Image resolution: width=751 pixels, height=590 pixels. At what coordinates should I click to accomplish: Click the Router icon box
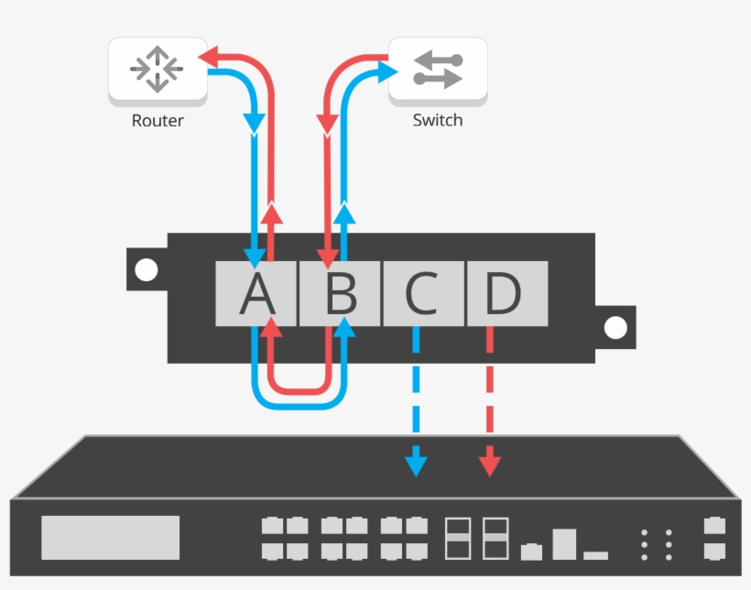[x=158, y=69]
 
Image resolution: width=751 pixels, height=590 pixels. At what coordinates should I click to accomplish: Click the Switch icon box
[x=438, y=70]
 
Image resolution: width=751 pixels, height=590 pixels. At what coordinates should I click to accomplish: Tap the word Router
[x=158, y=120]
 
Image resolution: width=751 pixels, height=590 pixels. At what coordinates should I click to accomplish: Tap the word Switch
[x=438, y=120]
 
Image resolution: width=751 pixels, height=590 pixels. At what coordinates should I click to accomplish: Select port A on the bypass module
[x=256, y=293]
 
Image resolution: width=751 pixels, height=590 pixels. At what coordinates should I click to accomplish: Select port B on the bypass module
[x=340, y=293]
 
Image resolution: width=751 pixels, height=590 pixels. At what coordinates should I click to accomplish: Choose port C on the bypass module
[x=423, y=293]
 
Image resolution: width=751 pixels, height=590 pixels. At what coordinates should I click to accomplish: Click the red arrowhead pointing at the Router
[x=207, y=59]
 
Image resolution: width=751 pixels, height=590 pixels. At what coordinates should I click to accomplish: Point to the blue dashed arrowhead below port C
[x=417, y=464]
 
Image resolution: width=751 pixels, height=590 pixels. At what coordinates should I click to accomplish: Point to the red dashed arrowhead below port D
[x=490, y=464]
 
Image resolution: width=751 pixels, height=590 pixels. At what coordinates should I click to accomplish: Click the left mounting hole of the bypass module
[x=146, y=269]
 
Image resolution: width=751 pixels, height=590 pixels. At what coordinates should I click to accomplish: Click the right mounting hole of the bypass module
[x=615, y=327]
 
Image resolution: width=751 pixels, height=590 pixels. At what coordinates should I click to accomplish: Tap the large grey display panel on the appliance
[x=110, y=537]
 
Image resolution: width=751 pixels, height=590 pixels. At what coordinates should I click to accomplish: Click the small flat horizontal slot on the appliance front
[x=595, y=555]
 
